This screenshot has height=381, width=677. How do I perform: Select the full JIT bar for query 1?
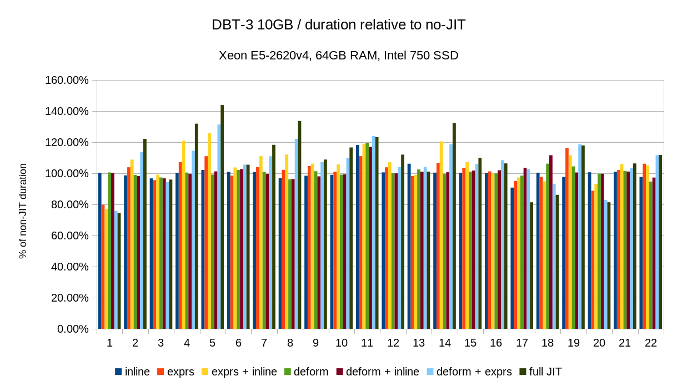(119, 270)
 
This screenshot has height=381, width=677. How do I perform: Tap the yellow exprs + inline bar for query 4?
(183, 234)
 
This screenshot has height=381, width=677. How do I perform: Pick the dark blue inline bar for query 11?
(358, 237)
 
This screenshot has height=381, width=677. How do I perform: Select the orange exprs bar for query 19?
(567, 238)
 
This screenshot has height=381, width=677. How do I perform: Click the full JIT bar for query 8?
(299, 224)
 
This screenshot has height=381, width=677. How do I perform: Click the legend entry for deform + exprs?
(474, 372)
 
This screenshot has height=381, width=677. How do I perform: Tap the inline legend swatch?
(118, 372)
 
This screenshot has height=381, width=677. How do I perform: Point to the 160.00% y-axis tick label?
(66, 81)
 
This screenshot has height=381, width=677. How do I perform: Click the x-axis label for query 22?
(651, 343)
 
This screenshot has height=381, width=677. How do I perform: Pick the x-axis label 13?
(419, 343)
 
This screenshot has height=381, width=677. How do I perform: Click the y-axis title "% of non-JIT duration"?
(23, 210)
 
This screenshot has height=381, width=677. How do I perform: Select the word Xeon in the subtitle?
(232, 56)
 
